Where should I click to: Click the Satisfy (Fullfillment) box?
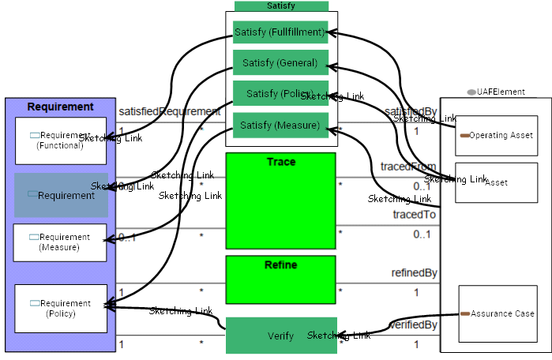(x=280, y=32)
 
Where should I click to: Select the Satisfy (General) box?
(x=280, y=62)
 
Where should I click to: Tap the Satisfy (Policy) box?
(x=280, y=93)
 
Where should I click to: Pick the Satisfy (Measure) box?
(x=280, y=125)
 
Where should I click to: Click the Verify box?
(x=281, y=336)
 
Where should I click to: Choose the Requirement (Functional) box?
(x=60, y=141)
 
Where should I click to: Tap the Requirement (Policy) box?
(x=60, y=309)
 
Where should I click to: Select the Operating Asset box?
(x=496, y=136)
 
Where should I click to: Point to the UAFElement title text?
(x=501, y=92)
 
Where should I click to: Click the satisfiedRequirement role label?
(x=169, y=112)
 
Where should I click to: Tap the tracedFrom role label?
(x=408, y=167)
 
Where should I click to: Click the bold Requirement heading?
(x=60, y=107)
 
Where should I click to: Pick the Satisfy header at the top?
(x=281, y=6)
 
